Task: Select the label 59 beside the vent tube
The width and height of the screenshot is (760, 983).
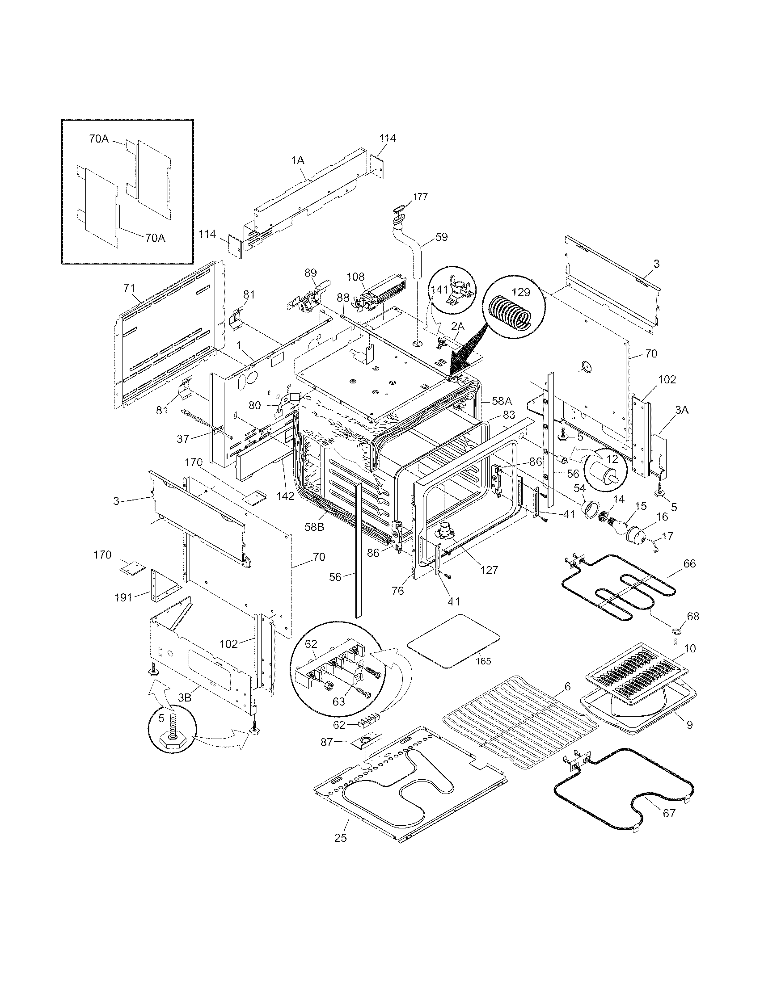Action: coord(442,237)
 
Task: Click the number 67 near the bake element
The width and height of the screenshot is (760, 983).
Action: coord(669,826)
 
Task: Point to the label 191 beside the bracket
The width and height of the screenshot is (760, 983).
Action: coord(123,598)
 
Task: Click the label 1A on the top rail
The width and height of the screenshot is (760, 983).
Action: coord(298,160)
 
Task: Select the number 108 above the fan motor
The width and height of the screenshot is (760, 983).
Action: coord(356,276)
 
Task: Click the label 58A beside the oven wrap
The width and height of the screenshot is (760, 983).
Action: coord(501,401)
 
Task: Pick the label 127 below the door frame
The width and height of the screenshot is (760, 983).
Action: coord(489,570)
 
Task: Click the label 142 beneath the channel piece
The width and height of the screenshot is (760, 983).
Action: coord(286,496)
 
